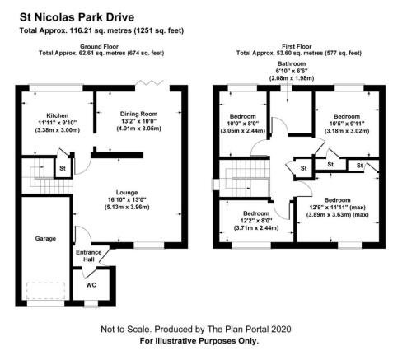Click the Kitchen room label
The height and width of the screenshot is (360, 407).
pos(57,115)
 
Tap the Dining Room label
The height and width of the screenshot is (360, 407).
pos(138,114)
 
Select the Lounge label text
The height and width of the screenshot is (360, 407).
pos(127,193)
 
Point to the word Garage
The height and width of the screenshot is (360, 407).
pos(45,239)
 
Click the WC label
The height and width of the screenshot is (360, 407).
pos(91,285)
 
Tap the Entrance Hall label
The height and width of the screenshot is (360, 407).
pos(89,256)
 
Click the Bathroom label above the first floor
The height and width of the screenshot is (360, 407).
pos(292,63)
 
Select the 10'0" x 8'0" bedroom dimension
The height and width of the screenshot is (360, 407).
pos(243,124)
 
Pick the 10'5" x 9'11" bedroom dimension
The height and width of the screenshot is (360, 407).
pos(347,124)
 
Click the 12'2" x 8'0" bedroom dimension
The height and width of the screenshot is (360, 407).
pos(256,221)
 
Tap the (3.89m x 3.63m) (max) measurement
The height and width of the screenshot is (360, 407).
pos(338,215)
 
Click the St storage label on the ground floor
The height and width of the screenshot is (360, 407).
pos(63,168)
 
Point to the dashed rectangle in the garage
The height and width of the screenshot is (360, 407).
pos(46,291)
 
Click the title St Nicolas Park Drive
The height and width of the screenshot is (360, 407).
pos(77,17)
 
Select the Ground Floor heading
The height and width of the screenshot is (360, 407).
pos(99,46)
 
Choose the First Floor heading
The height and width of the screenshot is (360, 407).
pos(297,46)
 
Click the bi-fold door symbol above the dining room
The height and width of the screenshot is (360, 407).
pos(150,82)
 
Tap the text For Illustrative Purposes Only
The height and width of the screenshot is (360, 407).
pos(199,341)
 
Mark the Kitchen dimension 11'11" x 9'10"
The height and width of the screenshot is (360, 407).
pos(58,123)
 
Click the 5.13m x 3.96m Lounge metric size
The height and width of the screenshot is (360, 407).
pos(127,207)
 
